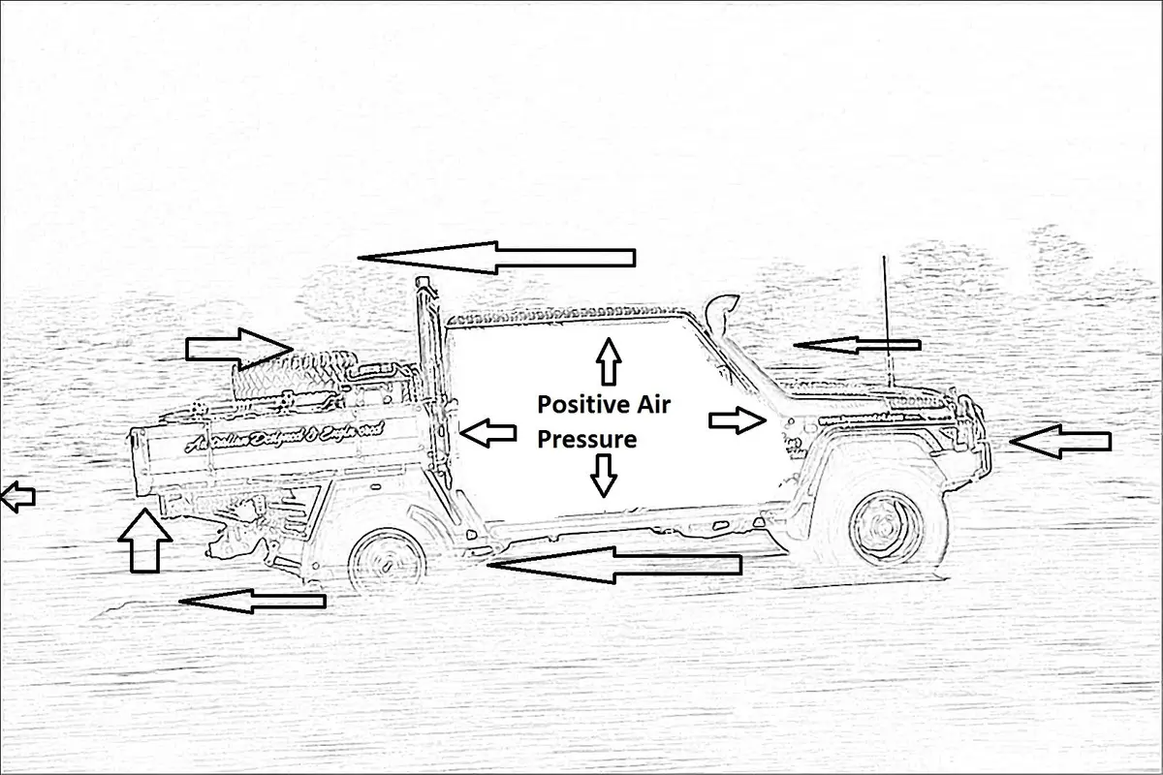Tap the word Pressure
click(586, 440)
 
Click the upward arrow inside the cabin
click(608, 362)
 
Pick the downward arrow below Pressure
click(604, 475)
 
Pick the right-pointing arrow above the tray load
click(238, 346)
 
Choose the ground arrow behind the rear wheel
click(252, 602)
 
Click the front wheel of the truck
click(884, 526)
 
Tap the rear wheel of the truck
click(385, 560)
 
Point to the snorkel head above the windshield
click(725, 312)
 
